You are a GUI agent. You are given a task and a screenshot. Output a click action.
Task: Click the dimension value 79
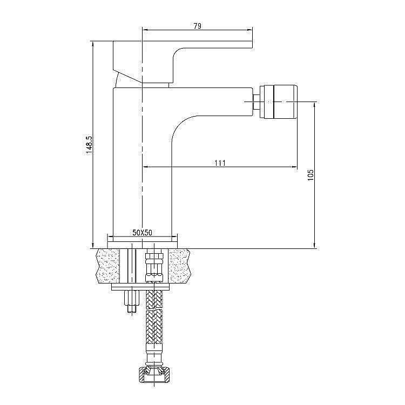pos(197,26)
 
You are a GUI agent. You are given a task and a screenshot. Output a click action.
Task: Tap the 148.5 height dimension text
pos(89,145)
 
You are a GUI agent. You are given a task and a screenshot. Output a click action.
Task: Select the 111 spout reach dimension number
pos(220,163)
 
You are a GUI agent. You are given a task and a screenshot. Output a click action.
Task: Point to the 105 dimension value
pos(310,175)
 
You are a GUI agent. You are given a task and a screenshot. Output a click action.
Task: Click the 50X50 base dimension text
pos(143,232)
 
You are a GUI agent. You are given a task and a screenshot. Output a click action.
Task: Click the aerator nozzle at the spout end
pos(279,102)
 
